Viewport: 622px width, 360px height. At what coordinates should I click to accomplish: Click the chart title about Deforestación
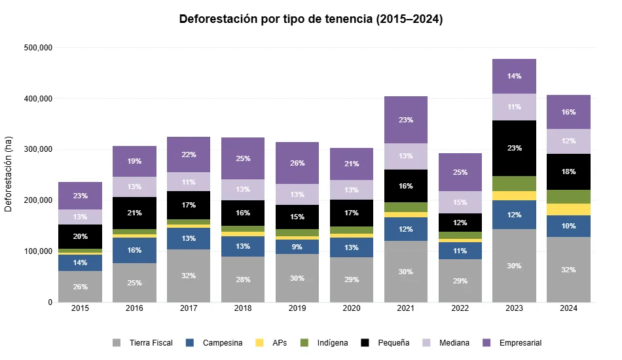pyautogui.click(x=311, y=20)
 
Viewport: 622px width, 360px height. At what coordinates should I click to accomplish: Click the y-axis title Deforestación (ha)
pyautogui.click(x=9, y=174)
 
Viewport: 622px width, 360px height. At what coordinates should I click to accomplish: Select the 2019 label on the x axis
pyautogui.click(x=297, y=308)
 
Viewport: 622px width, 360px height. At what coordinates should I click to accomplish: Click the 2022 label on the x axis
pyautogui.click(x=460, y=308)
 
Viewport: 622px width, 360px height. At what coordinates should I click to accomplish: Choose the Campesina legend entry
pyautogui.click(x=215, y=343)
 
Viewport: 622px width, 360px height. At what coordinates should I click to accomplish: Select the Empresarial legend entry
pyautogui.click(x=513, y=343)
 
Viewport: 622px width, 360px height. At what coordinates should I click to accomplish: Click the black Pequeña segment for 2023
pyautogui.click(x=514, y=148)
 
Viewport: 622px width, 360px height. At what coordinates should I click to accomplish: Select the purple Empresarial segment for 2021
pyautogui.click(x=406, y=120)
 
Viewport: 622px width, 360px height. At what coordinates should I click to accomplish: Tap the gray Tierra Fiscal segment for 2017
pyautogui.click(x=189, y=276)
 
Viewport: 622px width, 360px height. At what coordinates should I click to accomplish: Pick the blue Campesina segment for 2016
pyautogui.click(x=135, y=250)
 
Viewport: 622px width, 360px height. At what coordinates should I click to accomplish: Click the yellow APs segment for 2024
pyautogui.click(x=568, y=209)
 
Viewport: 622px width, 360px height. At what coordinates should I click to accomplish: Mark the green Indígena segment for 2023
pyautogui.click(x=514, y=183)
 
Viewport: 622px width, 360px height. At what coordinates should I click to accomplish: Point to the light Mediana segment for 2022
pyautogui.click(x=460, y=202)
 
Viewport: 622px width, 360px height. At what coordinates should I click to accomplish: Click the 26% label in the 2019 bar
pyautogui.click(x=297, y=163)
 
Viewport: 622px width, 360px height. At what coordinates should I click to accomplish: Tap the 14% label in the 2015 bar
pyautogui.click(x=81, y=262)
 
